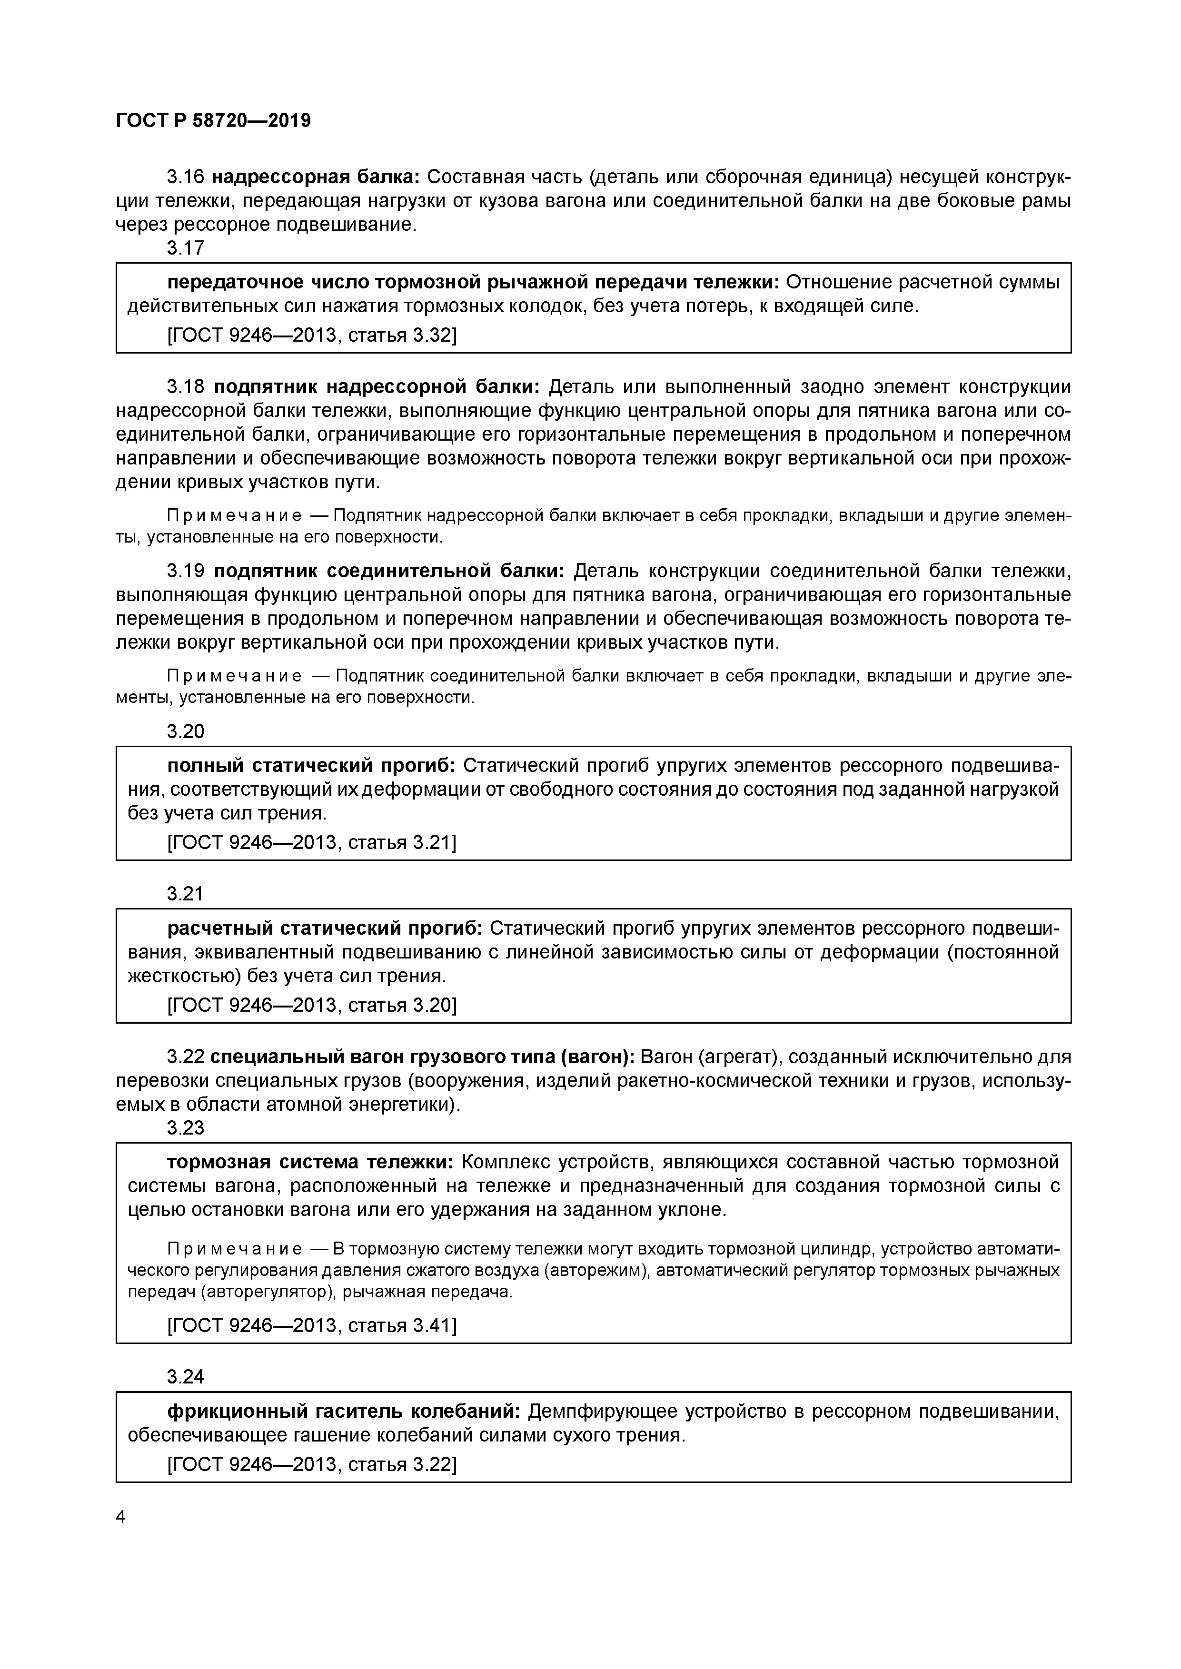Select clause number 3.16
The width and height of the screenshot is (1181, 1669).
click(x=186, y=177)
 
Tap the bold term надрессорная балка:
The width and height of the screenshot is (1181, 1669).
click(x=316, y=177)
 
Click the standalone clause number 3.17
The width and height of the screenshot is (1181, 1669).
click(x=186, y=248)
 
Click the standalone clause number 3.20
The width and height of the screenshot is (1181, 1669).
click(x=186, y=731)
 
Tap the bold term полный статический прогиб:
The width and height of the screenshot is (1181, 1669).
click(x=311, y=765)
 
